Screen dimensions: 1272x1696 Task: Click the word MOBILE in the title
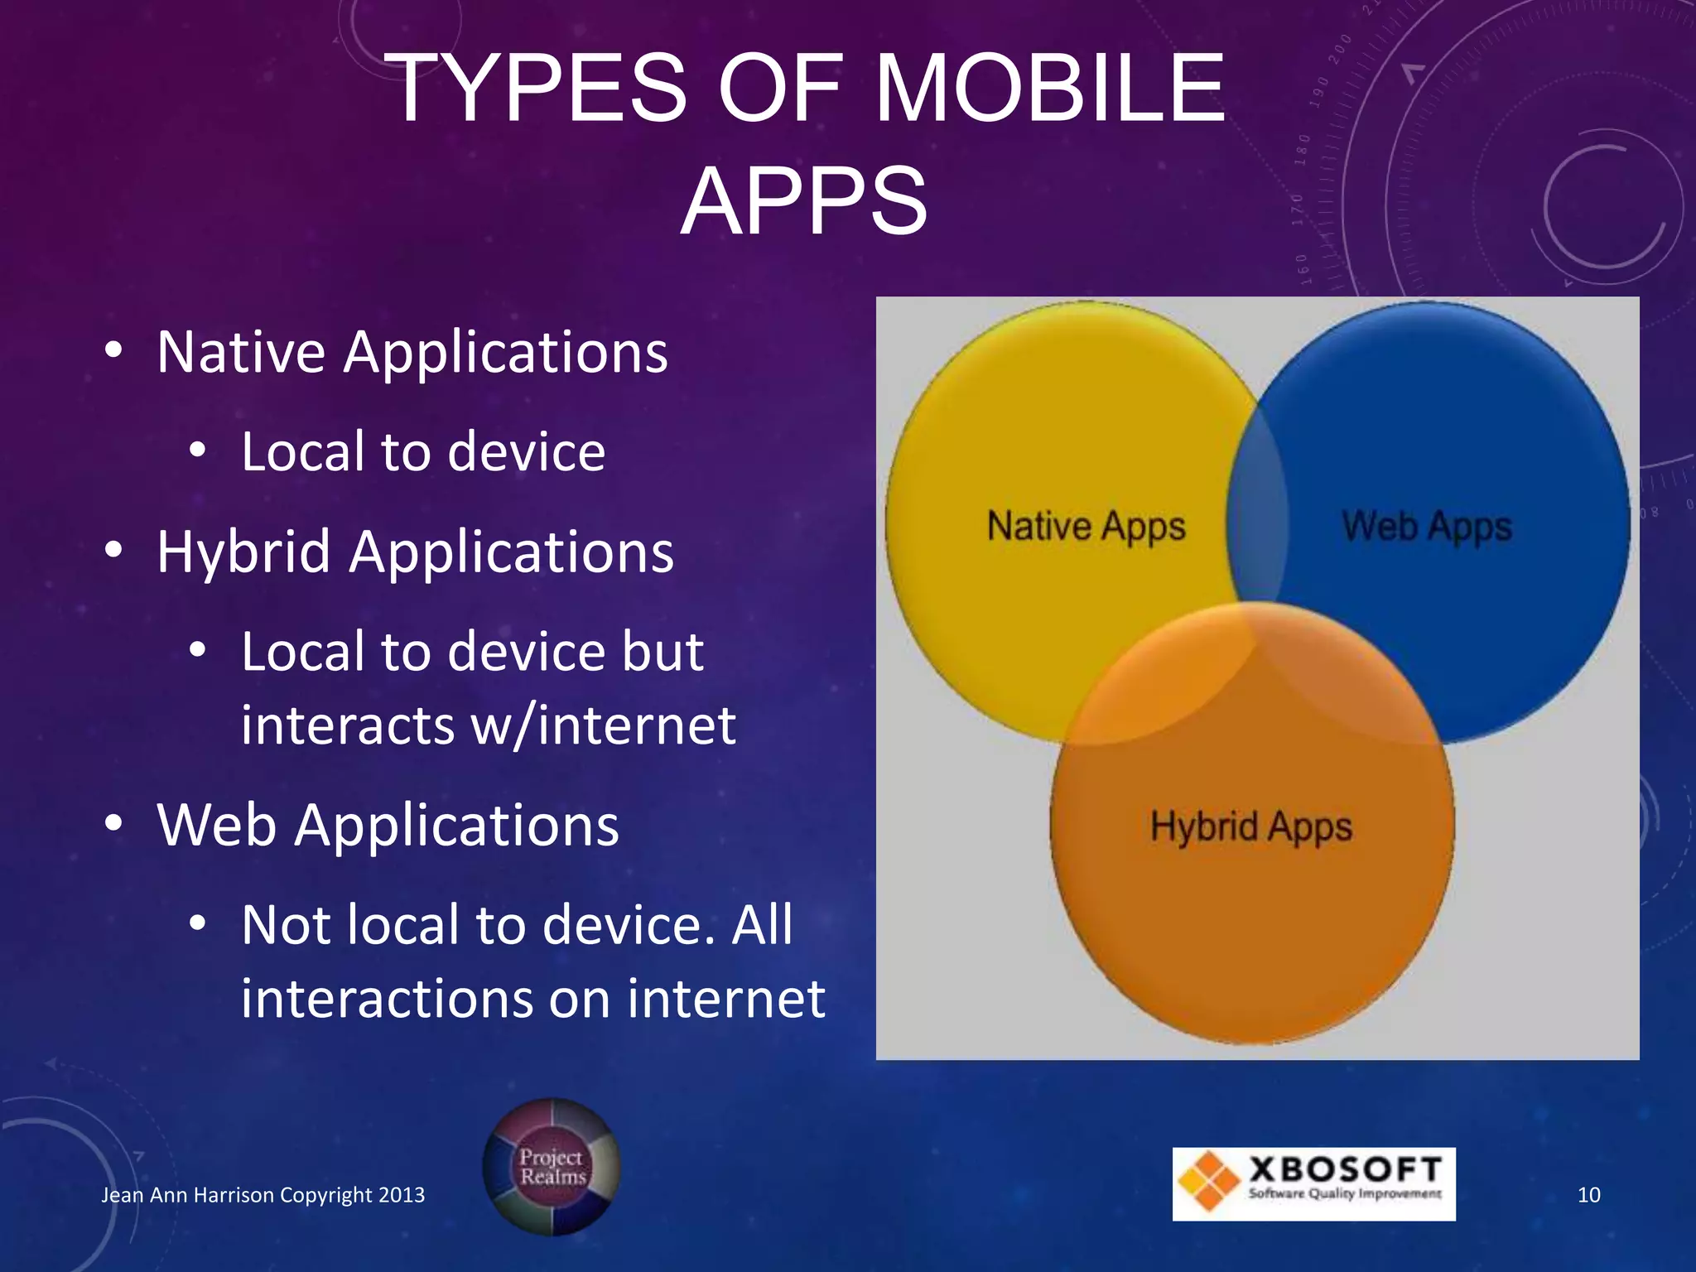click(x=1049, y=89)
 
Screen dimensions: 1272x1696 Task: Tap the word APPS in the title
click(x=803, y=201)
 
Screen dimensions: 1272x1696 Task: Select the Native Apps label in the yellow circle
click(x=1086, y=527)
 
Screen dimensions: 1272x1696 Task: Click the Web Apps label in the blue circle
click(x=1427, y=527)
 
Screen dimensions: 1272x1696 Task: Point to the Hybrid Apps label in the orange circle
click(x=1250, y=826)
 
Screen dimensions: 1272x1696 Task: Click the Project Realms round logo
click(x=552, y=1167)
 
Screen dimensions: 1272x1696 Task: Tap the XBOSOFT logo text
click(x=1346, y=1168)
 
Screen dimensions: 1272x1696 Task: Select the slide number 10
click(x=1588, y=1195)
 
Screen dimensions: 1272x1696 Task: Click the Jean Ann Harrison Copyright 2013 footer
click(x=263, y=1195)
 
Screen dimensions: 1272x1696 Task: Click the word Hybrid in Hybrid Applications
click(x=243, y=552)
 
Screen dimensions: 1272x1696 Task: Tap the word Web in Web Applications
click(x=216, y=826)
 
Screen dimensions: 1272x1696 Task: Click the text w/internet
click(x=603, y=725)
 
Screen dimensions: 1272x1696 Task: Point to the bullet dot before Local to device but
click(x=197, y=650)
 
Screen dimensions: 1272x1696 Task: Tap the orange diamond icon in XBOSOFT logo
click(x=1208, y=1182)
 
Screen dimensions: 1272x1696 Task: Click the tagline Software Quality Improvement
click(x=1345, y=1193)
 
